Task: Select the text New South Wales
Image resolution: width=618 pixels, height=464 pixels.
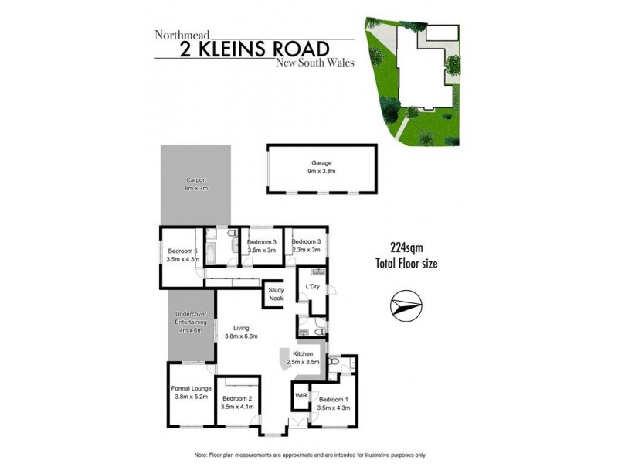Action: coord(314,63)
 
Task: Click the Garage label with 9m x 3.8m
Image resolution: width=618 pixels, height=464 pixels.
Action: coord(321,168)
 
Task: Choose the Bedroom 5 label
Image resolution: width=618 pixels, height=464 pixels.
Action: coord(182,255)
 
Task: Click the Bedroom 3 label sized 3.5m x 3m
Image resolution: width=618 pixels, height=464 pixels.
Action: coord(262,247)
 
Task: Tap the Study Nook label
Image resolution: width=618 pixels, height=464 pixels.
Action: coord(276,294)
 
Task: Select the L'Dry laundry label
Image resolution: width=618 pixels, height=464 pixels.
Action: coord(314,287)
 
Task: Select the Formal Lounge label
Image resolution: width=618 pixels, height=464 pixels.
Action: coord(192,393)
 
